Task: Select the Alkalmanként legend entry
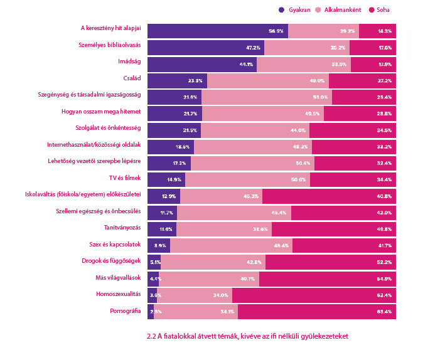click(342, 10)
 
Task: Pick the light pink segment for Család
click(267, 80)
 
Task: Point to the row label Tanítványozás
click(122, 228)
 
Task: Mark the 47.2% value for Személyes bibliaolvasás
click(252, 48)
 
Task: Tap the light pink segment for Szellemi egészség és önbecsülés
click(233, 212)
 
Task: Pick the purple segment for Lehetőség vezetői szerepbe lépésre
click(169, 162)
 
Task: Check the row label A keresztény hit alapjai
click(111, 28)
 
